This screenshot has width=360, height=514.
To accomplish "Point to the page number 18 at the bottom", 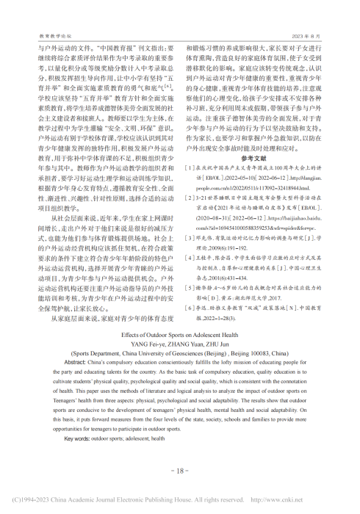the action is [180, 470].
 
